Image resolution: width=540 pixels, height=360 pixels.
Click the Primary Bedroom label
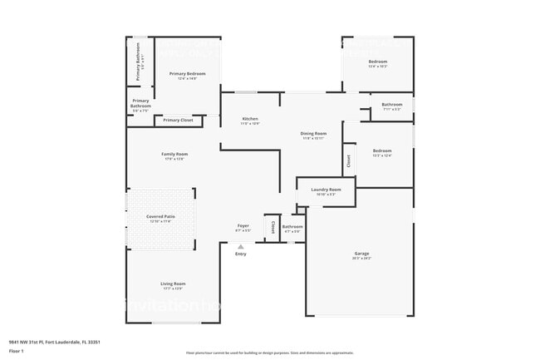point(188,73)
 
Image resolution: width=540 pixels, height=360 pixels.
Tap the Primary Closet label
point(178,121)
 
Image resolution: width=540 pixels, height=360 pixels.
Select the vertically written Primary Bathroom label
point(140,62)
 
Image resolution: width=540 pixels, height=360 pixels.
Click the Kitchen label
point(250,119)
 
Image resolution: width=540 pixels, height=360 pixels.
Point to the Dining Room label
point(313,133)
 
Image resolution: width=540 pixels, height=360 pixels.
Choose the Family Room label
point(174,154)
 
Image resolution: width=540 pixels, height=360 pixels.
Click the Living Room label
point(173,284)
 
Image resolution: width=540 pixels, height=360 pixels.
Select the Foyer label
point(243,225)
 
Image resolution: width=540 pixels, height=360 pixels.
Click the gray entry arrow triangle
point(241,247)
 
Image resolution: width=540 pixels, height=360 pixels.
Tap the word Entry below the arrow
point(241,254)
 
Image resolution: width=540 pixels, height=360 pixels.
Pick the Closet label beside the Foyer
point(272,226)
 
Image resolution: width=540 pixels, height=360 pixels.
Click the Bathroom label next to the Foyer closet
point(292,226)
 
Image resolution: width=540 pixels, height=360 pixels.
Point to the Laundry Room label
point(326,190)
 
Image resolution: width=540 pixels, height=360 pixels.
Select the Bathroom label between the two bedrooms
point(391,105)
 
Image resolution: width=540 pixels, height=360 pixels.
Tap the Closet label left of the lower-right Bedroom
point(349,161)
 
